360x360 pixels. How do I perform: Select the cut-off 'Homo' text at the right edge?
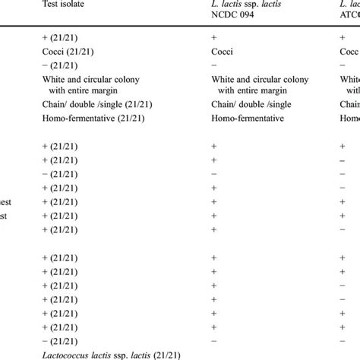tap(349, 119)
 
